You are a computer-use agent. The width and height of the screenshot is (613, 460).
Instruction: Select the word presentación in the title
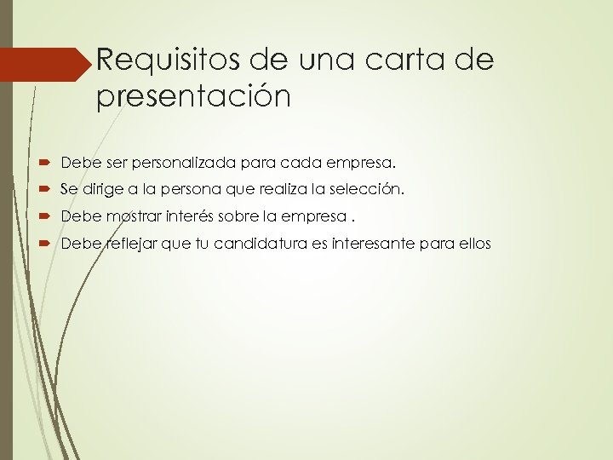click(194, 97)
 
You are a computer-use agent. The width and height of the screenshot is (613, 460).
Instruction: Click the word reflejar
click(125, 244)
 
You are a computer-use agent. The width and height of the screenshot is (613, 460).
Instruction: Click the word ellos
click(473, 244)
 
